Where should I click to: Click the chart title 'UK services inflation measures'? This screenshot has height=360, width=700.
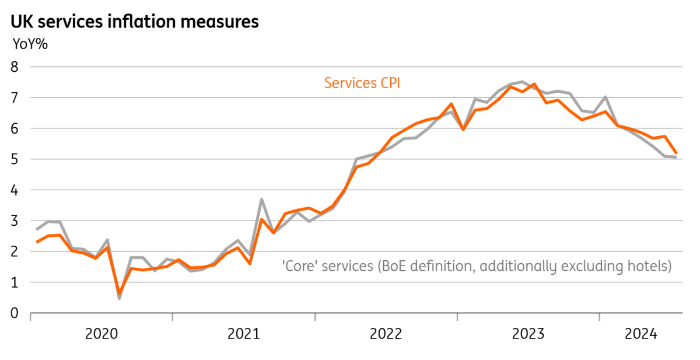135,22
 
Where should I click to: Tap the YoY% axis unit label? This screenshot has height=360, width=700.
30,44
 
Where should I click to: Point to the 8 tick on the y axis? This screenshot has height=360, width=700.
15,67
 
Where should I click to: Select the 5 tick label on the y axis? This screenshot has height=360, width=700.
15,159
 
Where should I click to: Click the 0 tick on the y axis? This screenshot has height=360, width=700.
15,313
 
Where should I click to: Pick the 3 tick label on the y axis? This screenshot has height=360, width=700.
15,221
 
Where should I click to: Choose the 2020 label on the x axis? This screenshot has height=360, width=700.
101,334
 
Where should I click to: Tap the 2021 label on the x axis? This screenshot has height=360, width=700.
244,334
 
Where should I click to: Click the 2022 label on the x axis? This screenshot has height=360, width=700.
386,334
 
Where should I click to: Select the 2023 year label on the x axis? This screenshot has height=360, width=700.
528,334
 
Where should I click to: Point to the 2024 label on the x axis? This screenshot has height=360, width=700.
641,334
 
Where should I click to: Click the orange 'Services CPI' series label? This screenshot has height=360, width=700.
362,83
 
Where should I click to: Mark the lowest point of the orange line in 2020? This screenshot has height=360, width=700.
120,293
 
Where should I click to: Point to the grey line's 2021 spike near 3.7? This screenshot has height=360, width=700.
261,199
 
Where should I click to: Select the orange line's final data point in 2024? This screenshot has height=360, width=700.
677,153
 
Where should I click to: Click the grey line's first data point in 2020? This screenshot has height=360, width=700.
37,230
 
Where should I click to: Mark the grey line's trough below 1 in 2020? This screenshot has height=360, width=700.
120,298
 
